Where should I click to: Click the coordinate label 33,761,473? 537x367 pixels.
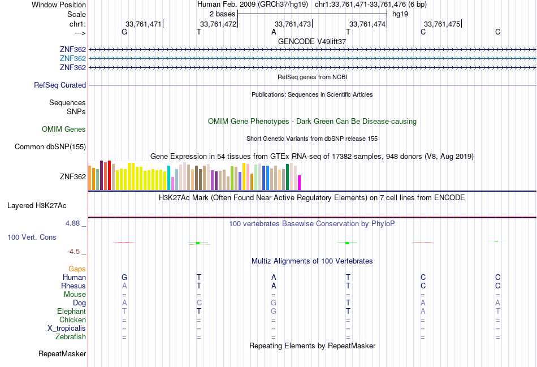(x=293, y=24)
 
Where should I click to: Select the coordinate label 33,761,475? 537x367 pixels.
(x=442, y=24)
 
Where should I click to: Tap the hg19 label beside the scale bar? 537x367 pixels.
(x=400, y=14)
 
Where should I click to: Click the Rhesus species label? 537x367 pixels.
(x=73, y=286)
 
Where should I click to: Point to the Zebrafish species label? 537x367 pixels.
(x=71, y=337)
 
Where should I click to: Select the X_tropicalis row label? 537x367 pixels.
(x=67, y=329)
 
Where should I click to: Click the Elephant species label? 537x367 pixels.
(x=71, y=312)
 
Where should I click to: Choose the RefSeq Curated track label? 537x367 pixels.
(x=60, y=85)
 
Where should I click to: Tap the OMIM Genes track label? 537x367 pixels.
(x=64, y=129)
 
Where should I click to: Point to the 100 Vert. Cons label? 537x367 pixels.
(x=32, y=238)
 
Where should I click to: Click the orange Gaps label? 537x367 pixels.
(x=77, y=269)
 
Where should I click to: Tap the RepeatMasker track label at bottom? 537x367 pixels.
(x=62, y=354)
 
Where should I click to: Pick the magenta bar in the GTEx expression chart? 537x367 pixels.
(x=300, y=183)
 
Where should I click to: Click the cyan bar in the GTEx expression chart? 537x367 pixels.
(x=168, y=178)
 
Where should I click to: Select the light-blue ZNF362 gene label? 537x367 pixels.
(x=73, y=59)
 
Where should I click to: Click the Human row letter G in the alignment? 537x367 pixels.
(x=124, y=278)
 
